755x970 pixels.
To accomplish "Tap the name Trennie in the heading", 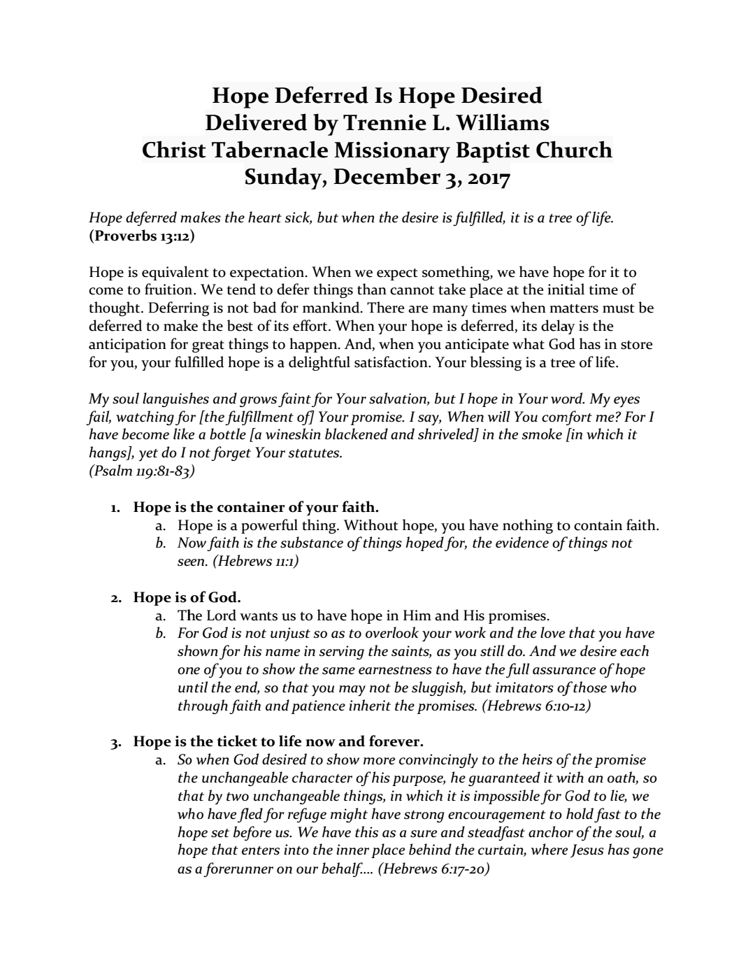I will coord(379,122).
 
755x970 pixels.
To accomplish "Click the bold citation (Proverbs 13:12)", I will coord(142,236).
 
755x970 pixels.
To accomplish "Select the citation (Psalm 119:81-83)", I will coord(142,471).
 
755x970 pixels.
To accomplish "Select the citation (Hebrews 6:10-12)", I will coord(536,706).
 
